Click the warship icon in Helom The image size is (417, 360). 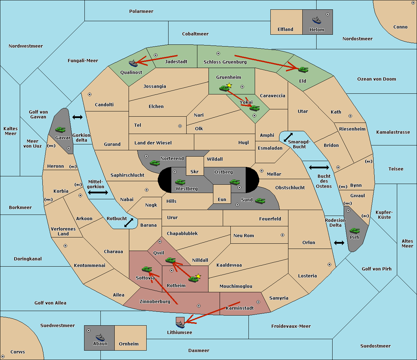click(x=316, y=20)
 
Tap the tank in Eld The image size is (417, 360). click(x=303, y=69)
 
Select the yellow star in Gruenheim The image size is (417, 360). click(x=229, y=85)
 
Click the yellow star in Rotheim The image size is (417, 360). click(x=198, y=276)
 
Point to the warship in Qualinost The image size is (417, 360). click(x=133, y=63)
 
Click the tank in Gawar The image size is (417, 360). click(x=60, y=129)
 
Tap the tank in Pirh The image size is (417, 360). click(x=355, y=231)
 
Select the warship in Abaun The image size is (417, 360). click(x=100, y=337)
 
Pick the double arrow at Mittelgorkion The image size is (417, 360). click(x=98, y=192)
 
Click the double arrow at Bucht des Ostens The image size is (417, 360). click(x=319, y=168)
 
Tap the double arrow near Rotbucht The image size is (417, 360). click(x=129, y=223)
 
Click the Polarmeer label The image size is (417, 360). click(x=141, y=11)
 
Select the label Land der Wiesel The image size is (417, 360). click(x=153, y=143)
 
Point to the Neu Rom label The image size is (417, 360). click(x=244, y=235)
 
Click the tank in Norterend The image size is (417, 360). click(x=155, y=162)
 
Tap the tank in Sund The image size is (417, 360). click(x=260, y=201)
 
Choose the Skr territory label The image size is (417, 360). click(x=195, y=171)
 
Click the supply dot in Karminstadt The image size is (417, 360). click(x=258, y=302)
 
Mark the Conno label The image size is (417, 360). click(x=400, y=27)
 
